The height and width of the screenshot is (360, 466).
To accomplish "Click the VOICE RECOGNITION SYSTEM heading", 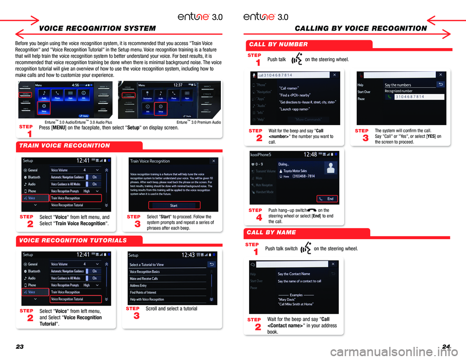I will coord(98,28).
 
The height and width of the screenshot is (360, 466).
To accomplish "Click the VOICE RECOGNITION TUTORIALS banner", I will coord(73,240).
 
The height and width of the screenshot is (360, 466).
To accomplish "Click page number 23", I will coord(20,346).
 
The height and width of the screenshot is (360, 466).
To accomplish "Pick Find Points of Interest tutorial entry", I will coord(143,293).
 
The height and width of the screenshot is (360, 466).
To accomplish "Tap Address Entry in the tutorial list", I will coord(138,286).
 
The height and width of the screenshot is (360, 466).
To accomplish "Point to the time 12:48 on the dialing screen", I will coord(310,154).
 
